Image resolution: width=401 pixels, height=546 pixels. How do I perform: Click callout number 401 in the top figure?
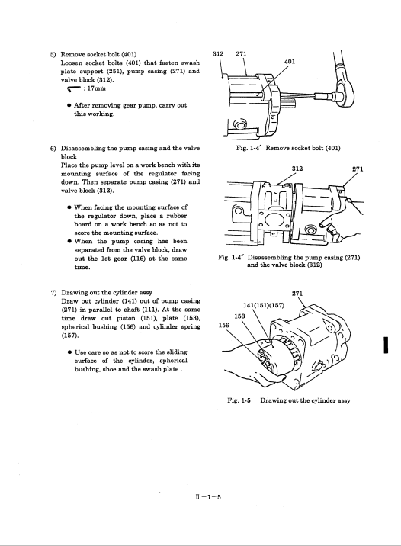pos(290,62)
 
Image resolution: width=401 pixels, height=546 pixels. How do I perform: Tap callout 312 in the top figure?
pos(218,54)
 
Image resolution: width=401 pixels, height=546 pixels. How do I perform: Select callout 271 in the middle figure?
pos(358,169)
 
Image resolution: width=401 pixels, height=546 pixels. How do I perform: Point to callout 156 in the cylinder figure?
pos(224,325)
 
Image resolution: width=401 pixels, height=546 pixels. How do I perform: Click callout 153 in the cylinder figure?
pos(239,316)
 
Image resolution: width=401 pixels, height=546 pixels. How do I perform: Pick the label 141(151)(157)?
pos(264,305)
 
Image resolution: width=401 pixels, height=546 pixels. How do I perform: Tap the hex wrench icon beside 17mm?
pos(74,89)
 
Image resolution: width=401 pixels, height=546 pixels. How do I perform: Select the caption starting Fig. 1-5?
pos(289,400)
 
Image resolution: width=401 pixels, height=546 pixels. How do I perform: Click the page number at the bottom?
pos(208,497)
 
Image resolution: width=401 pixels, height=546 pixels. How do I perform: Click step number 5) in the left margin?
pos(53,55)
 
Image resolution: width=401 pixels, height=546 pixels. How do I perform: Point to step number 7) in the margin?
pos(54,293)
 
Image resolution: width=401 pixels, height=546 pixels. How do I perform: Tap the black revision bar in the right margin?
pos(386,345)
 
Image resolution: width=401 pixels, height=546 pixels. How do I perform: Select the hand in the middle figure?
pos(343,220)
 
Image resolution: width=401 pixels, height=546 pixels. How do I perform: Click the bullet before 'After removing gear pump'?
pos(69,105)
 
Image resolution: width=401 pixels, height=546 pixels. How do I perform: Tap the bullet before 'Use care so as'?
pos(70,352)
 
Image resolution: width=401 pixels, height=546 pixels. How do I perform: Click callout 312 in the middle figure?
pos(297,169)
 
